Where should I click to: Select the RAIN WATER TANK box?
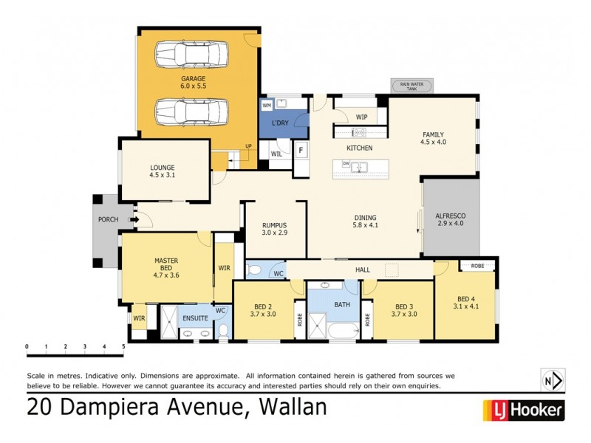pyautogui.click(x=412, y=86)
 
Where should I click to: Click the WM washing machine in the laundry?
pyautogui.click(x=267, y=106)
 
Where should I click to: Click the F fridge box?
pyautogui.click(x=301, y=151)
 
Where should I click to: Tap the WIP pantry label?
pyautogui.click(x=361, y=117)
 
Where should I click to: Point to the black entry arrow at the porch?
pyautogui.click(x=135, y=219)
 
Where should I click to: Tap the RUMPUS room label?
pyautogui.click(x=274, y=229)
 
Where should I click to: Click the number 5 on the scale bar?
pyautogui.click(x=123, y=346)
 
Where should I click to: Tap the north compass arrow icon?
pyautogui.click(x=552, y=380)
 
